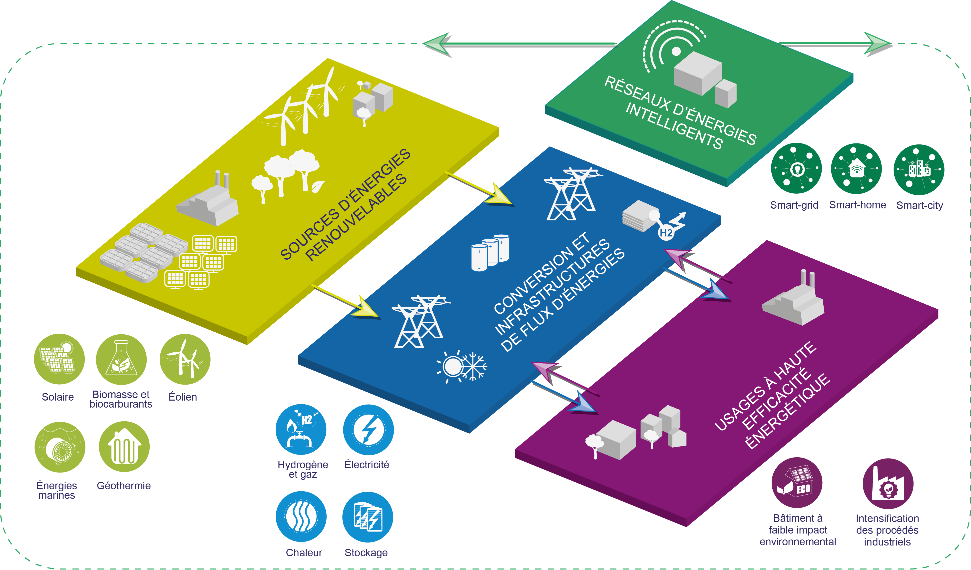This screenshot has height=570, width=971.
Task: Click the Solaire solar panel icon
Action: point(59,359)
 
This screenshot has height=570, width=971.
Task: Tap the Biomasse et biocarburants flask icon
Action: point(121,359)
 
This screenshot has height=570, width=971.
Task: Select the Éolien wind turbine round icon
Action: point(185,359)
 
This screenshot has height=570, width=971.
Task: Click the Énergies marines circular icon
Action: point(60,447)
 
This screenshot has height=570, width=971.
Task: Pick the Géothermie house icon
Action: point(124,447)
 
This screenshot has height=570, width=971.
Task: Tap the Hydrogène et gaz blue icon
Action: point(301,429)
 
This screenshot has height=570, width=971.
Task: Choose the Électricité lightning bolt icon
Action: point(368,429)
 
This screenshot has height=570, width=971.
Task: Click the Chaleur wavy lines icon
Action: point(301,517)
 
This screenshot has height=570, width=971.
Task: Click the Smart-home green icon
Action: point(856,168)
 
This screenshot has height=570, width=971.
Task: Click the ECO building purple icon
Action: point(797,483)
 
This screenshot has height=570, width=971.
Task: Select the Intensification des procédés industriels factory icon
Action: point(888,484)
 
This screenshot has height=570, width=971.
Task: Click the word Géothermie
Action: point(124,486)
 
